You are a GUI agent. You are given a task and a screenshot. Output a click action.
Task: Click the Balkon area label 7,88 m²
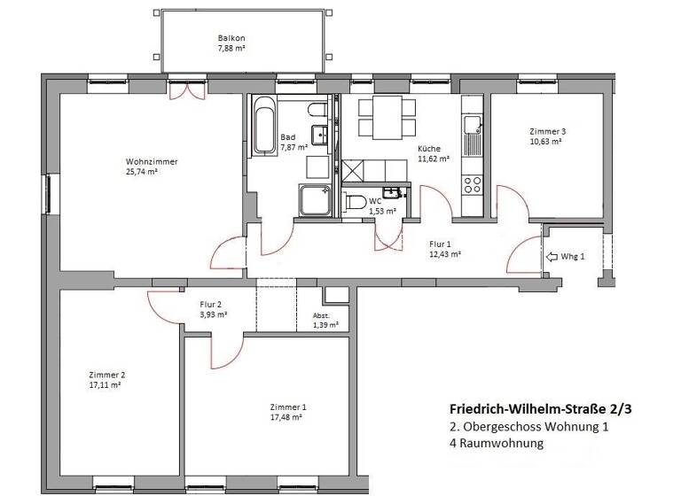click(x=231, y=50)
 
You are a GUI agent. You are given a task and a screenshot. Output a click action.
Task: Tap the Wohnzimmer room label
click(x=152, y=161)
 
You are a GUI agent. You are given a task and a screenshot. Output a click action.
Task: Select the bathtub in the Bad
click(x=263, y=126)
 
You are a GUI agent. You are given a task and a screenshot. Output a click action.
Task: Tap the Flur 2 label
click(x=213, y=304)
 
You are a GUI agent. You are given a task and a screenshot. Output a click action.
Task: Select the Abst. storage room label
click(x=321, y=316)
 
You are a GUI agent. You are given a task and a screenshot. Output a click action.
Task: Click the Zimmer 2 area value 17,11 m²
click(x=105, y=385)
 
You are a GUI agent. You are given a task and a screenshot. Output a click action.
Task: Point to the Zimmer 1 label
click(x=288, y=407)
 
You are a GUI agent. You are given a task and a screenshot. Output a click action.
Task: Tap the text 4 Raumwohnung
click(x=496, y=444)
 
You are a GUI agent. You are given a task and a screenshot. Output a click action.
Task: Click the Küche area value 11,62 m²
click(x=434, y=160)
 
